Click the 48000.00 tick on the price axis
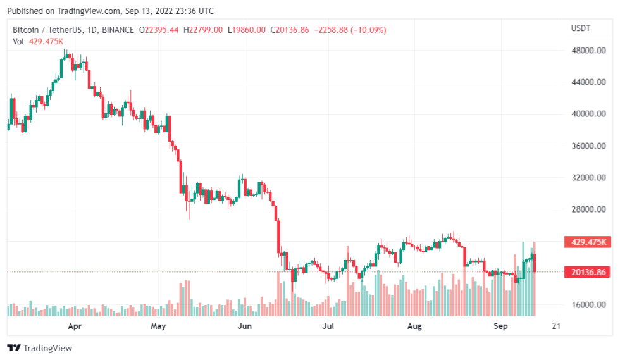click(585, 51)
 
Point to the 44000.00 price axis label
click(585, 82)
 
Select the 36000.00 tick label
click(585, 146)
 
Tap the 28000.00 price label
click(585, 209)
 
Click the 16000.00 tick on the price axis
click(585, 304)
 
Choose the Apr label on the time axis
click(75, 326)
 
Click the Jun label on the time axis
click(245, 326)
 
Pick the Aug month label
click(414, 326)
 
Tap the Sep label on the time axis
click(500, 326)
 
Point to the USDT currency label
click(580, 29)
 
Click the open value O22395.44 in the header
click(160, 30)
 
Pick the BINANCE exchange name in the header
click(118, 30)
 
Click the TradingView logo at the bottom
click(39, 348)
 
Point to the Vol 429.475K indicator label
click(37, 41)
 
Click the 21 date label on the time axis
click(555, 326)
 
